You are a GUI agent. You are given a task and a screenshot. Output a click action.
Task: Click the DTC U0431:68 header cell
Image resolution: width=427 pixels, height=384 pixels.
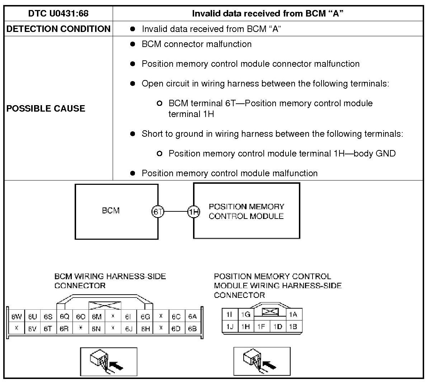[x=58, y=14]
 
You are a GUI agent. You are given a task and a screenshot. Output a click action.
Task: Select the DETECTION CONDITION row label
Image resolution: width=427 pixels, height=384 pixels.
[x=58, y=29]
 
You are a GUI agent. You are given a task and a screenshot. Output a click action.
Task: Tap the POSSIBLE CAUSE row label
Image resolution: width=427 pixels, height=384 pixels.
[x=46, y=109]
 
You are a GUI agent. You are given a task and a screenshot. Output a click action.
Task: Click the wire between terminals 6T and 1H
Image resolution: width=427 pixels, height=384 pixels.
[x=176, y=212]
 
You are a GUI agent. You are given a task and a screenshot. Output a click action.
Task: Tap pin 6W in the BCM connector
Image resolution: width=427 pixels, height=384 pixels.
[x=17, y=317]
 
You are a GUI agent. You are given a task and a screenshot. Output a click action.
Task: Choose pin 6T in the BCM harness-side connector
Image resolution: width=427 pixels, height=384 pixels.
[x=48, y=328]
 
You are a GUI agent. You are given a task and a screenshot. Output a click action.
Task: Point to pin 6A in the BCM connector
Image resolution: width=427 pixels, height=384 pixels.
[x=192, y=317]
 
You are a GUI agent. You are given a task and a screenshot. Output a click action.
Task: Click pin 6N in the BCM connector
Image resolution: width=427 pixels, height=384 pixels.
[x=96, y=328]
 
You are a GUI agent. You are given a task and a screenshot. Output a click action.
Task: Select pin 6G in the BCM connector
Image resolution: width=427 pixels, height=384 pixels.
[x=145, y=317]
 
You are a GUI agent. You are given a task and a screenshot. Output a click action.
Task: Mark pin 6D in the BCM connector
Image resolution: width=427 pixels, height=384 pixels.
[x=176, y=328]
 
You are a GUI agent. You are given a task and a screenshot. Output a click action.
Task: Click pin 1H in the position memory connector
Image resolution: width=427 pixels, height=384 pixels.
[x=245, y=327]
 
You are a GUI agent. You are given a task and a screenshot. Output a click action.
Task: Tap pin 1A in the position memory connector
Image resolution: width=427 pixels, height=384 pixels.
[x=293, y=315]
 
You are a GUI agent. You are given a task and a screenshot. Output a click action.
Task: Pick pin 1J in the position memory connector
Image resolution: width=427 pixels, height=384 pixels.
[x=230, y=327]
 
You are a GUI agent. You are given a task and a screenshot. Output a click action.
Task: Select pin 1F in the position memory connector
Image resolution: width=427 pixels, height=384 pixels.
[x=261, y=327]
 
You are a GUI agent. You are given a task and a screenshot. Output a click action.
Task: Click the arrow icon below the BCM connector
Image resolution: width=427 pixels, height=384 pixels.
[x=108, y=361]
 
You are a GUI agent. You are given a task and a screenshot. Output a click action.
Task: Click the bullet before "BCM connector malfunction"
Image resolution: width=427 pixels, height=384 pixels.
[x=133, y=44]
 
